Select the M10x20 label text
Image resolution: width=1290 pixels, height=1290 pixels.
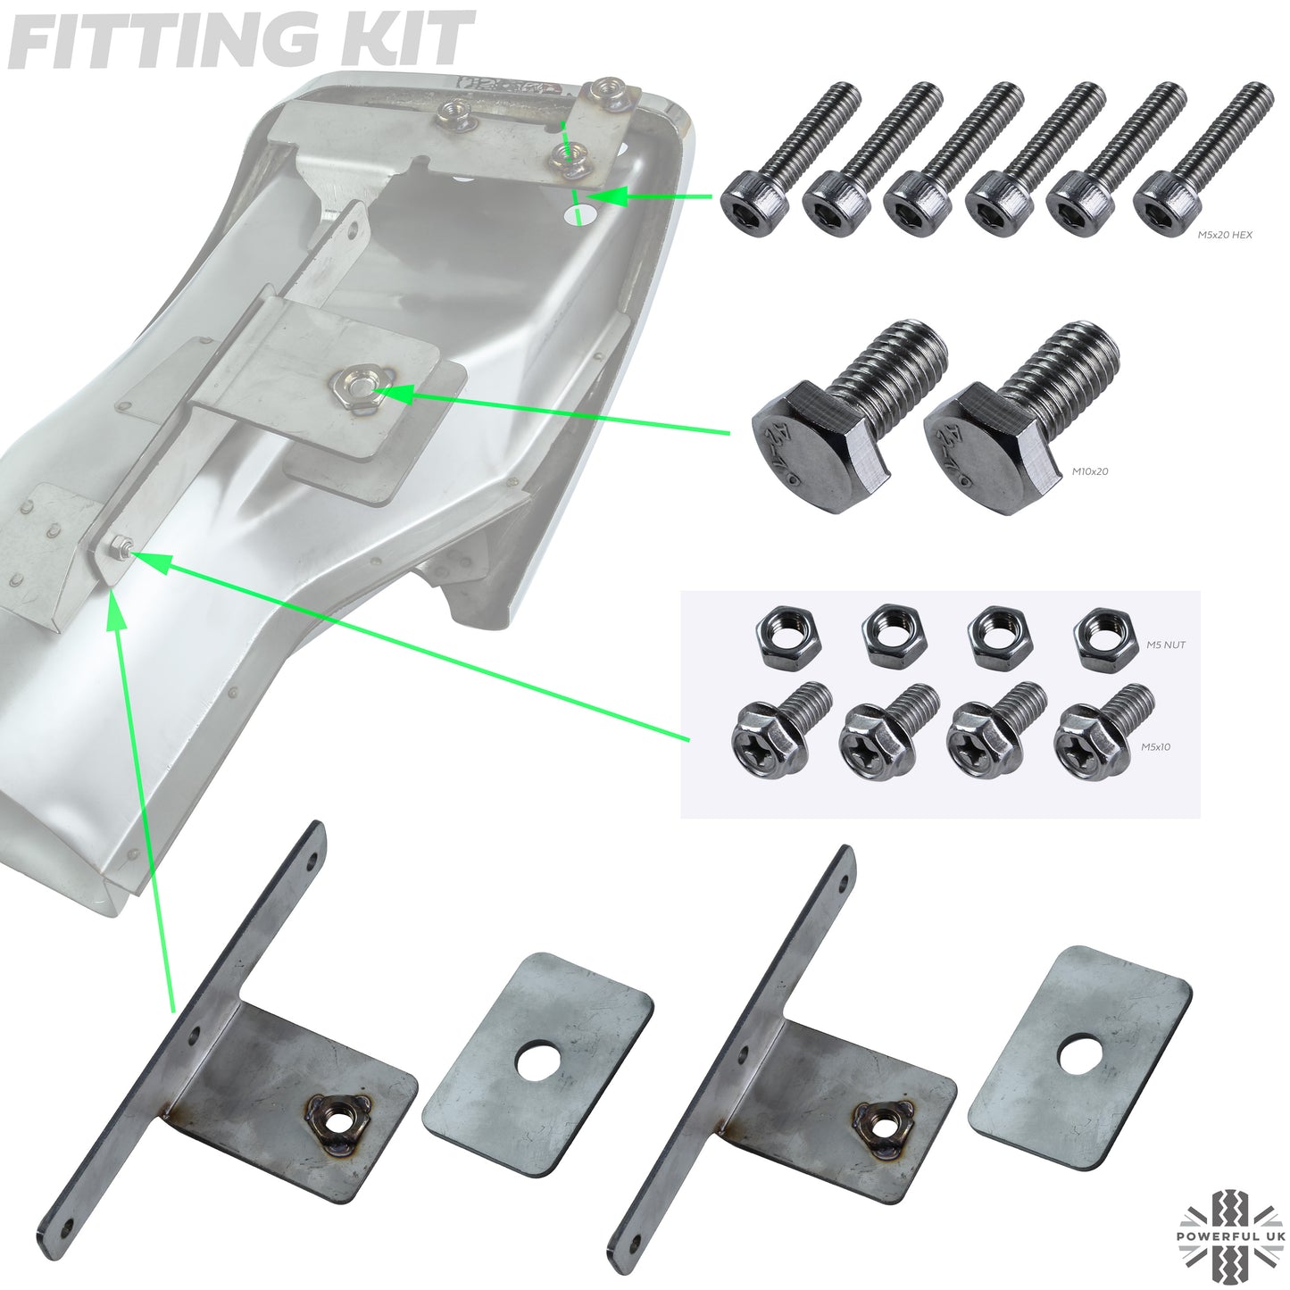[x=1089, y=470]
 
